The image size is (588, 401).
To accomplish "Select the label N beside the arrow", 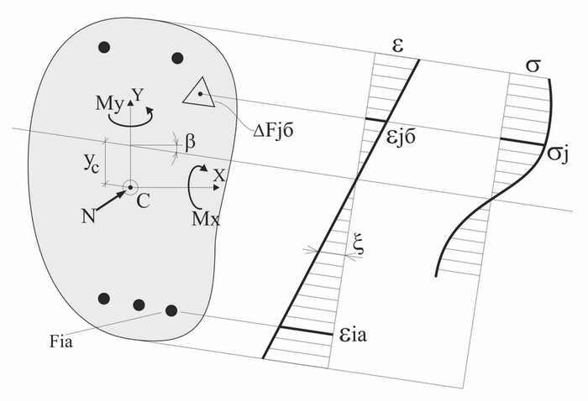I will tap(88, 216).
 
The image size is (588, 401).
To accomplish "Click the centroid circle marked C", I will tap(129, 187).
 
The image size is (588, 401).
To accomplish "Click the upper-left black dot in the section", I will tap(104, 48).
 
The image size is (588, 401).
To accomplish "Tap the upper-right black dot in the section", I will tap(177, 58).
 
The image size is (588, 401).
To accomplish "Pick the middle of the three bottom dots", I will tap(139, 304).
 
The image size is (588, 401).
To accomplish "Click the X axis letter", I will tap(219, 175).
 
